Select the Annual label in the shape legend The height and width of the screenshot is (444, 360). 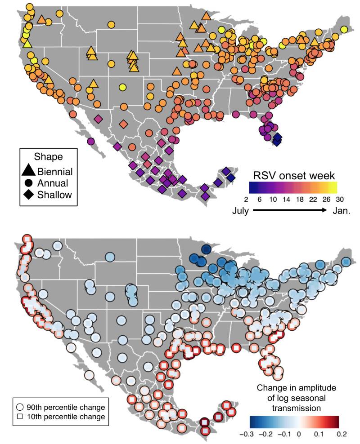tap(54, 182)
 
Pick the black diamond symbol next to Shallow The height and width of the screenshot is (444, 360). tap(28, 194)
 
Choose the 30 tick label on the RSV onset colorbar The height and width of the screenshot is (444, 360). tap(337, 198)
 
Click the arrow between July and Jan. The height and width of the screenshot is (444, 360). tap(290, 210)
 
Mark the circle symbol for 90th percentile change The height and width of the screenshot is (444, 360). tap(20, 407)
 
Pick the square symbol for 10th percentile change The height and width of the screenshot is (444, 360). tap(20, 417)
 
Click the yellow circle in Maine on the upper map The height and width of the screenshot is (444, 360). tap(344, 30)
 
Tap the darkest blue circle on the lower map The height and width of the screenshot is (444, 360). tap(206, 249)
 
